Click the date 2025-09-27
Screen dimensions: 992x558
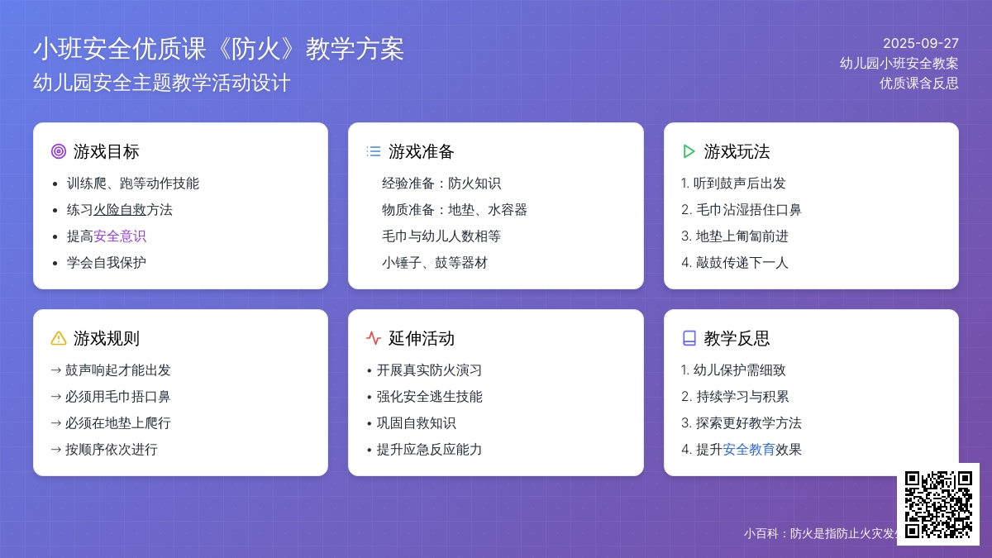[x=921, y=43]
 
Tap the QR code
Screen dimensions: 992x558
[x=938, y=504]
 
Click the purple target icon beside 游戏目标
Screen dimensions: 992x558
[x=59, y=151]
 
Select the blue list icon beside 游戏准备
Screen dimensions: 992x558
[x=374, y=151]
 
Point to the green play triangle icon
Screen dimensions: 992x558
[x=689, y=151]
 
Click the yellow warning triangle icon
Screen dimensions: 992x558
[x=59, y=338]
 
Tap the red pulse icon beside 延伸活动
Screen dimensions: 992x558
[x=374, y=338]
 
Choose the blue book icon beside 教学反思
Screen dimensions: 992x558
[x=689, y=338]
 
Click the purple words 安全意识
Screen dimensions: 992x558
[x=120, y=236]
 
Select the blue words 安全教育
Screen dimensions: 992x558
[x=748, y=450]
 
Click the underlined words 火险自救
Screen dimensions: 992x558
[x=120, y=209]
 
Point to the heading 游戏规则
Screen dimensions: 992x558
[x=107, y=338]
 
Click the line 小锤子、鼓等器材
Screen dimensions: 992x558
[x=435, y=263]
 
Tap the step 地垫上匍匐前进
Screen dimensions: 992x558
[x=742, y=236]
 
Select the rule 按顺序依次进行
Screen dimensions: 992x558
[x=111, y=450]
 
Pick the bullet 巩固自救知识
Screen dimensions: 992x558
[x=416, y=423]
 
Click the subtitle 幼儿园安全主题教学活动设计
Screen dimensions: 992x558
[x=162, y=83]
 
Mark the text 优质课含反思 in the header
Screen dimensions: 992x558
[x=919, y=83]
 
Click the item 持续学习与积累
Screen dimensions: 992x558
[x=742, y=396]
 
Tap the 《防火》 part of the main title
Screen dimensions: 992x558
[x=256, y=49]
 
